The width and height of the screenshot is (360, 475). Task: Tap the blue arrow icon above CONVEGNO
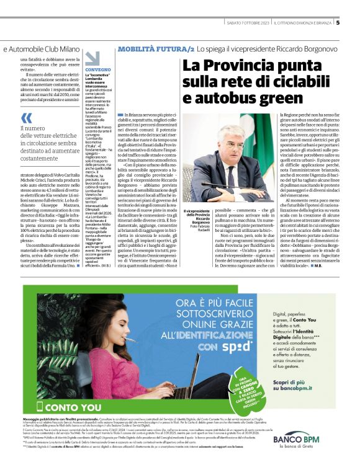(92, 59)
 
